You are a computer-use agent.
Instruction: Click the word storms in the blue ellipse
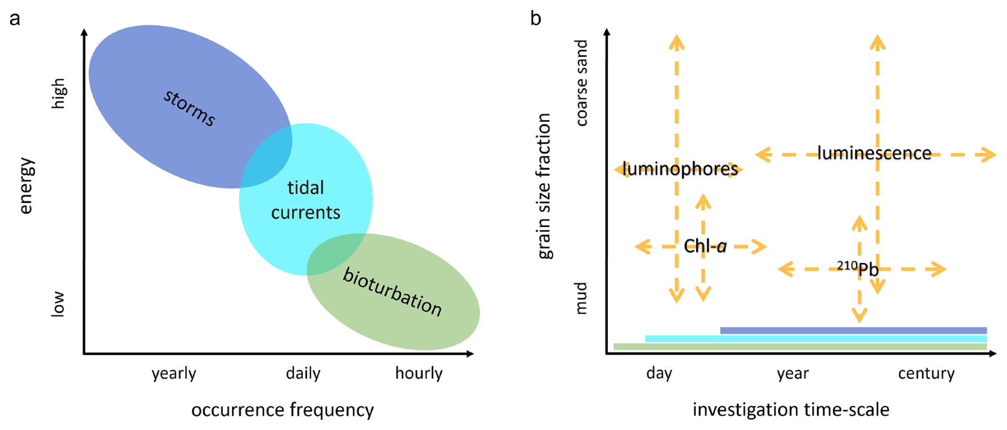[x=189, y=108]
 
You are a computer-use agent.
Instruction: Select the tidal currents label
[x=306, y=200]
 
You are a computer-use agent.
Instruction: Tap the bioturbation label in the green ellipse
[x=392, y=292]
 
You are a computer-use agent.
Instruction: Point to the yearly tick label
[x=174, y=374]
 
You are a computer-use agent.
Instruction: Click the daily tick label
[x=303, y=374]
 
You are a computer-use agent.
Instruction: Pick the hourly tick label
[x=419, y=374]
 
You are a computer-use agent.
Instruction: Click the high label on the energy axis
[x=58, y=94]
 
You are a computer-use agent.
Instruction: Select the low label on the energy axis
[x=57, y=304]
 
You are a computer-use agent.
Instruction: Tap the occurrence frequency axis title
[x=283, y=410]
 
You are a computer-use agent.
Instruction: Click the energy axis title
[x=26, y=186]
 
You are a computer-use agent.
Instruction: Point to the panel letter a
[x=15, y=19]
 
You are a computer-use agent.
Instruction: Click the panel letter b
[x=535, y=19]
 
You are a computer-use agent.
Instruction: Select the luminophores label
[x=680, y=169]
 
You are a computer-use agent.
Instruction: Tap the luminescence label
[x=874, y=153]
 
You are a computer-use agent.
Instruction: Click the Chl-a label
[x=705, y=246]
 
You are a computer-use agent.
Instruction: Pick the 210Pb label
[x=857, y=268]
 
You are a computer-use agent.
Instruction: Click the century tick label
[x=926, y=374]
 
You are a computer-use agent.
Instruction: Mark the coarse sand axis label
[x=582, y=83]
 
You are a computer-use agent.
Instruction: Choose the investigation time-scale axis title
[x=791, y=410]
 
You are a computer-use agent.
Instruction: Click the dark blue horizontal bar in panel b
[x=853, y=330]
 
